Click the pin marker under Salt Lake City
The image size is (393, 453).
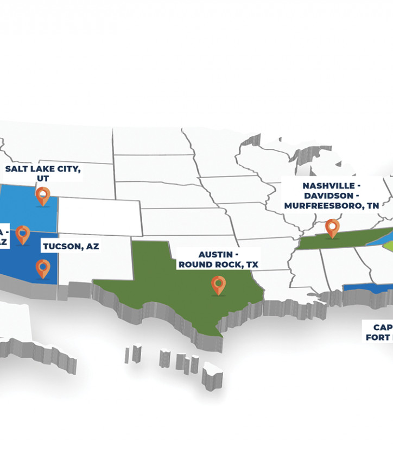click(42, 195)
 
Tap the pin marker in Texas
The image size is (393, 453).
click(218, 284)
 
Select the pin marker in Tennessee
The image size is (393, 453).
click(332, 227)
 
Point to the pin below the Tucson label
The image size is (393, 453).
click(43, 268)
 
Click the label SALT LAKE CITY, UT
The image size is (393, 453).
click(43, 173)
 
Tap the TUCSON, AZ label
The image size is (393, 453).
click(71, 246)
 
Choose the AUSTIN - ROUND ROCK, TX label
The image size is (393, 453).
click(218, 259)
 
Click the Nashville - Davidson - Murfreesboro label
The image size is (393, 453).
click(331, 196)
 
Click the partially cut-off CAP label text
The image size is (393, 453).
click(382, 328)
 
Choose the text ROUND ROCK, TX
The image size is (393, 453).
click(218, 265)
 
